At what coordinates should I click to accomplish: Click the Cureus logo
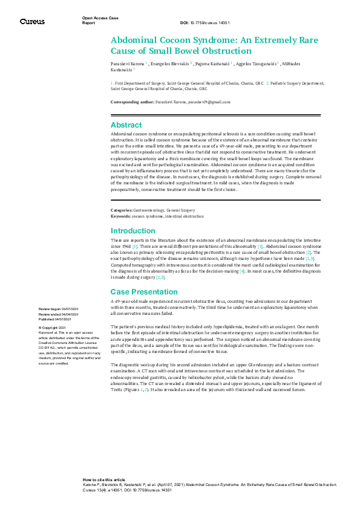[x=32, y=21]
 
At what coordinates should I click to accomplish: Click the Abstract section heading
[x=126, y=125]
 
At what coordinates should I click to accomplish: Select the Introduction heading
[x=132, y=230]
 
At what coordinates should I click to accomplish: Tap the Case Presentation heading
[x=144, y=291]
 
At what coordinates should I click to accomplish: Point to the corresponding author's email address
[x=209, y=103]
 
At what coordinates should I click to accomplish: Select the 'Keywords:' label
[x=121, y=216]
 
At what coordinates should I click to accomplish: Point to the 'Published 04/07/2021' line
[x=55, y=319]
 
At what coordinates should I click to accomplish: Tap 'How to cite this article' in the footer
[x=104, y=478]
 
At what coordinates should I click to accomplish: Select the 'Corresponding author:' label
[x=133, y=103]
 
